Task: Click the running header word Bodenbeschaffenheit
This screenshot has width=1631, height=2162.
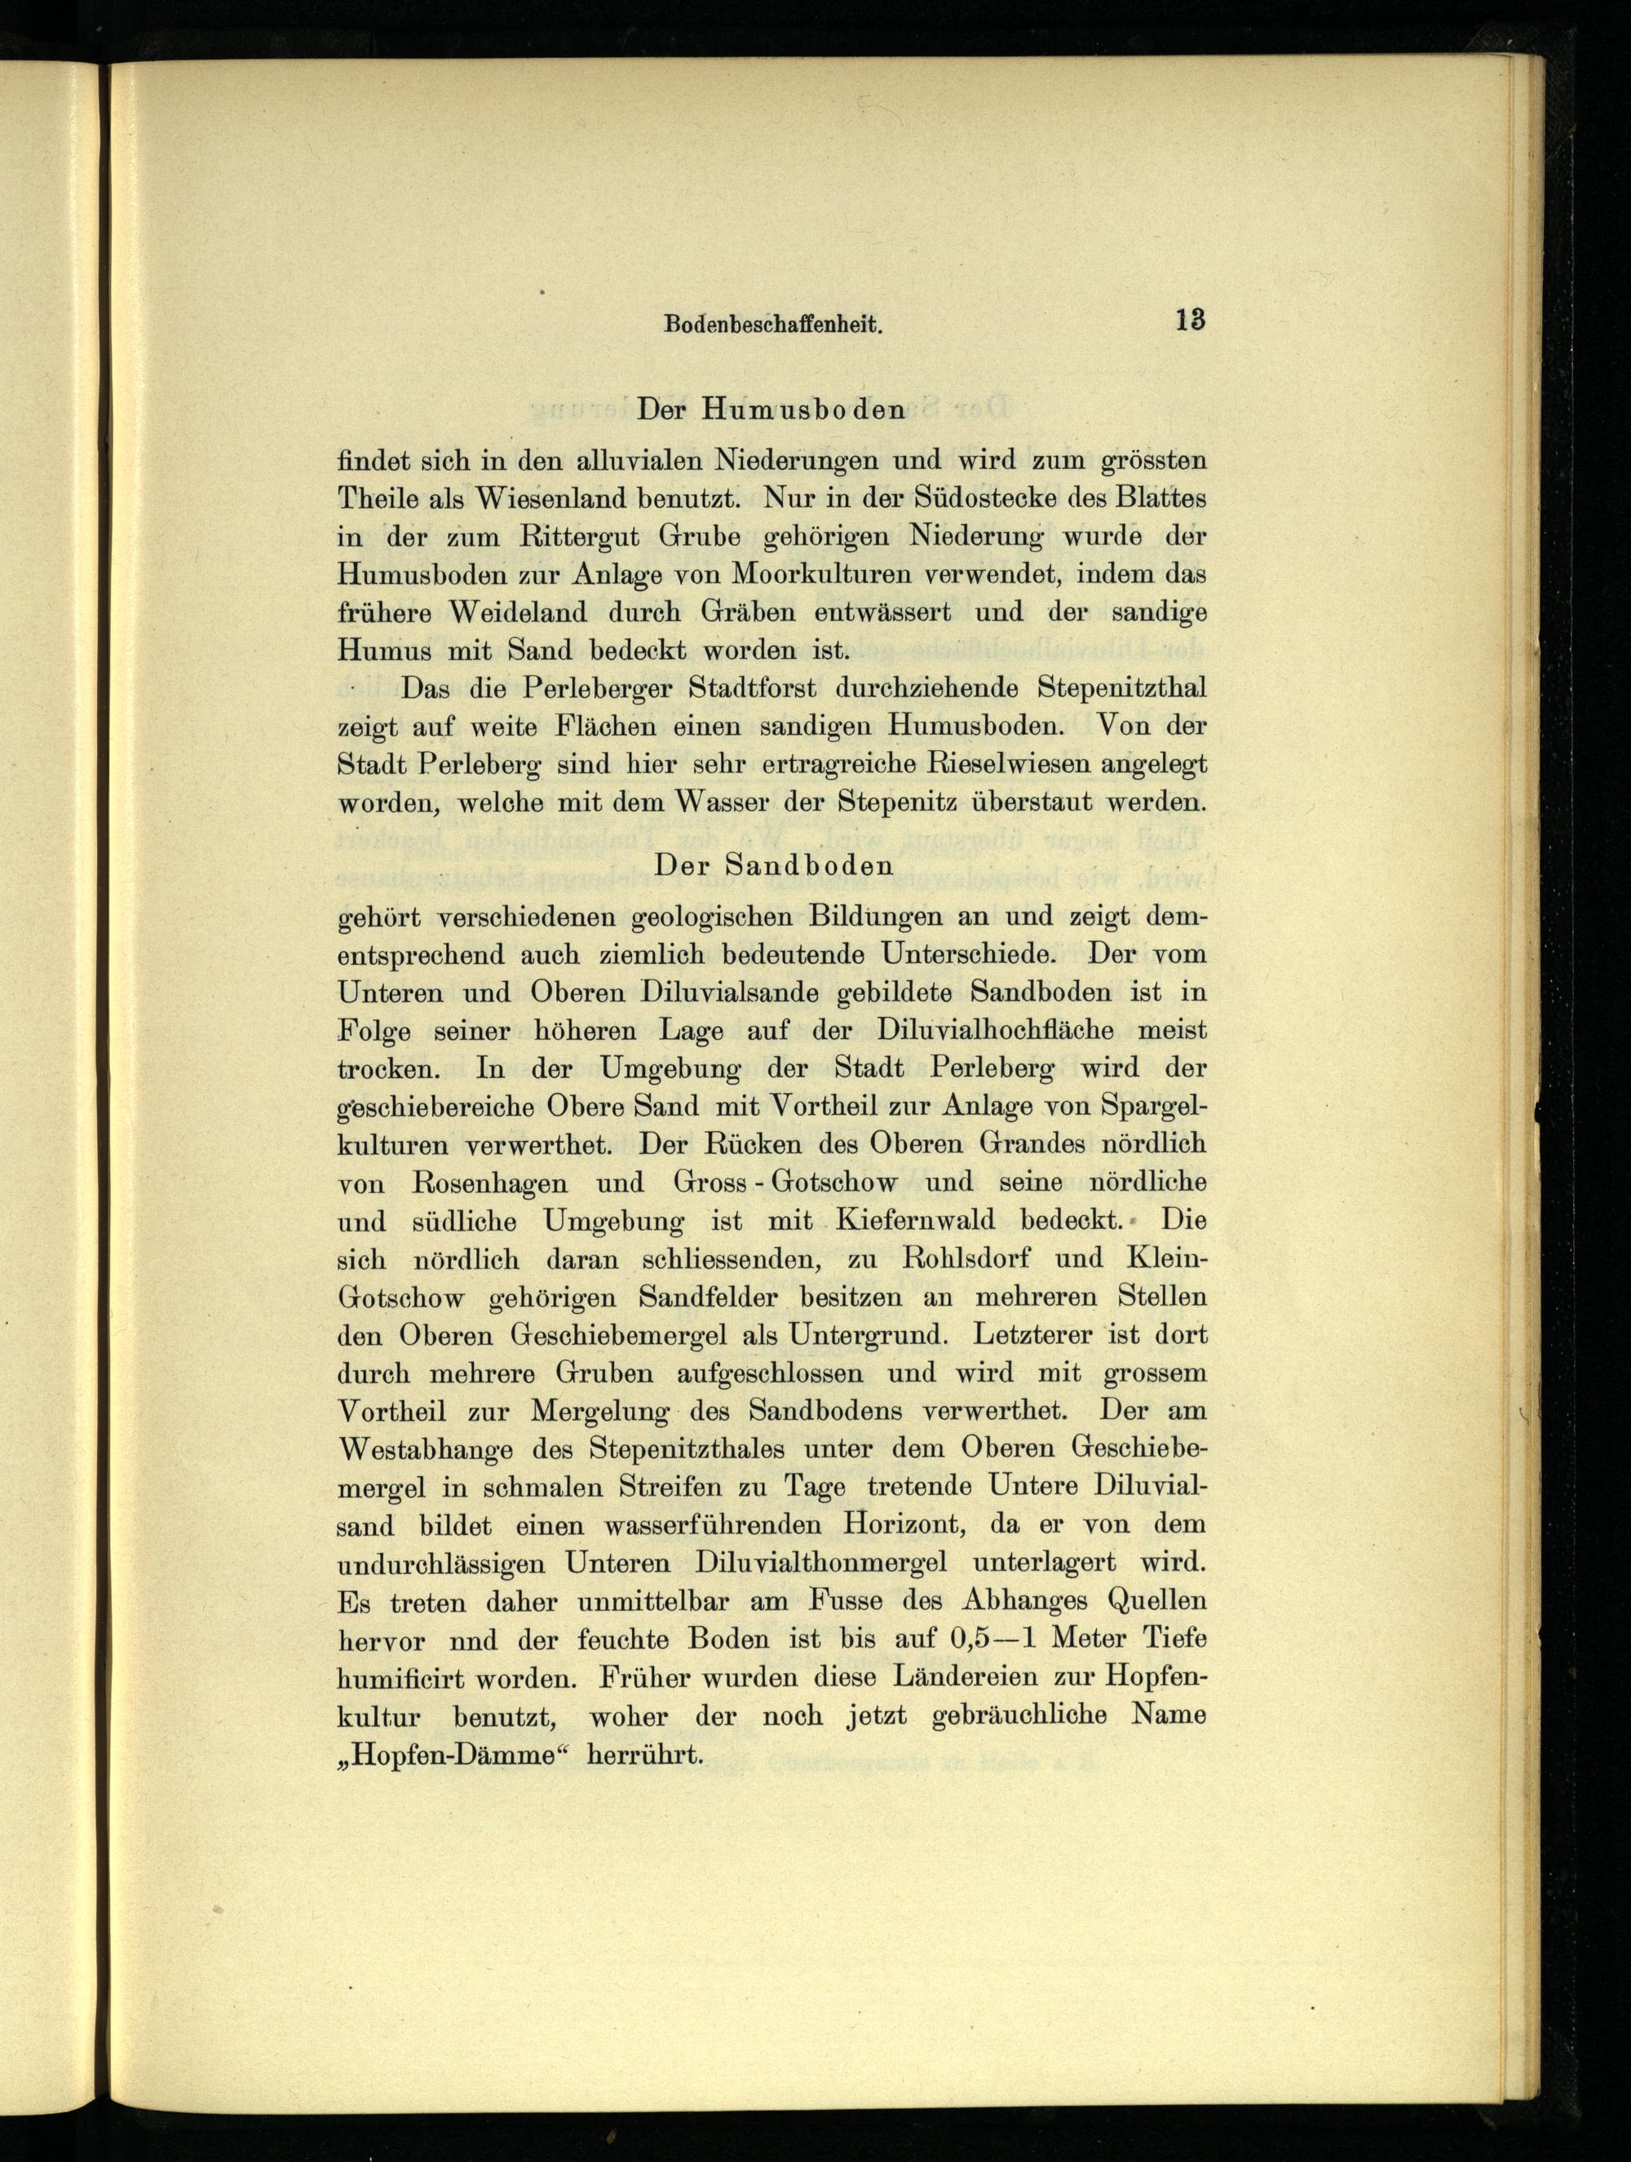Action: click(773, 325)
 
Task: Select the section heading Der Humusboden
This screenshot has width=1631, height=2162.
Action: click(771, 410)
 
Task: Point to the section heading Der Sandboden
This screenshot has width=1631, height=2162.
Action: click(774, 866)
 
